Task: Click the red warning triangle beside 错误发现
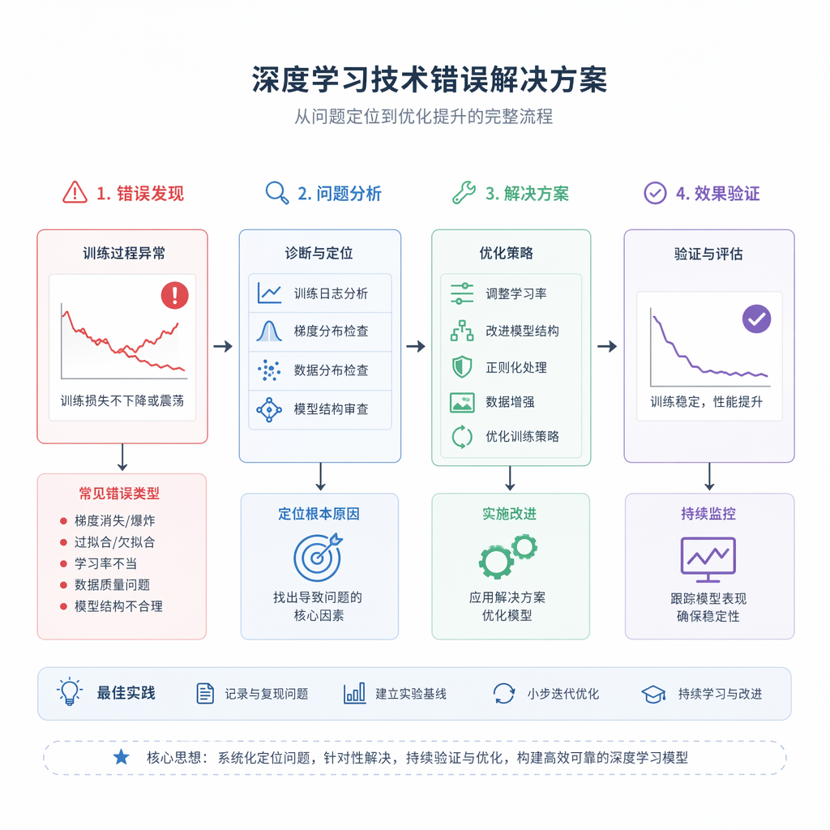tap(75, 193)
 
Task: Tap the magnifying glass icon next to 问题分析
tap(277, 193)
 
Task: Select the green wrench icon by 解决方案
tap(464, 193)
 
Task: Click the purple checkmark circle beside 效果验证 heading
tap(655, 193)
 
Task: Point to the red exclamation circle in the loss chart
tap(175, 295)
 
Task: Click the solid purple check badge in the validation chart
tap(756, 319)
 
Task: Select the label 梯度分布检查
tap(331, 332)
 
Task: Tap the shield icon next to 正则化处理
tap(462, 367)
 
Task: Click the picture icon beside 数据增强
tap(462, 402)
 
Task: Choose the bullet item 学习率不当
tap(106, 563)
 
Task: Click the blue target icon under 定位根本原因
tap(318, 558)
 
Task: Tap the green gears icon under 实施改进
tap(508, 556)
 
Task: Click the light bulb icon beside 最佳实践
tap(70, 692)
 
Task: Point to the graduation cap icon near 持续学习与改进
tap(654, 694)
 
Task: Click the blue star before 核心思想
tap(122, 757)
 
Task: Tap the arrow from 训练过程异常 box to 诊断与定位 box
tap(224, 347)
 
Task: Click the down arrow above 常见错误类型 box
tap(122, 457)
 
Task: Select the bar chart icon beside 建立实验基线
tap(355, 694)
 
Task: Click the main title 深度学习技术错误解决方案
tap(430, 80)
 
